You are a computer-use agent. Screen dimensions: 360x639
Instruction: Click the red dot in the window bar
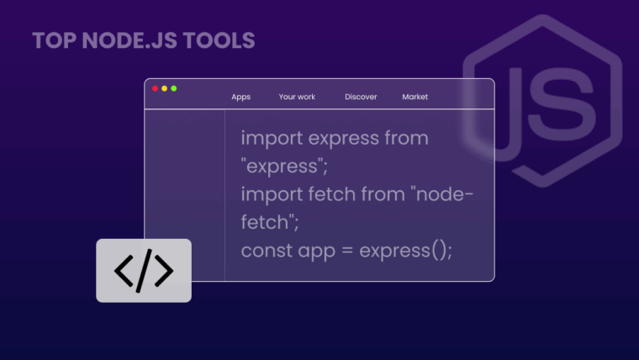point(155,88)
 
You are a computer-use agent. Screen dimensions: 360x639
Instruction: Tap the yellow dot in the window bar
point(165,88)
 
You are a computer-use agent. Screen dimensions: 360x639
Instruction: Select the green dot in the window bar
point(174,88)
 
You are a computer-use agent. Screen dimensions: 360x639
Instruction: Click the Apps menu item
point(241,97)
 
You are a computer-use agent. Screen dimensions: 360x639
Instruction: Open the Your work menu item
point(297,97)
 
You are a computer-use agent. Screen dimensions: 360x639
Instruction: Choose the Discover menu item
point(361,97)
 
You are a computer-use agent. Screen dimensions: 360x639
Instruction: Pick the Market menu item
point(415,97)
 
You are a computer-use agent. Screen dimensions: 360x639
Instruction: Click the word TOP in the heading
point(50,40)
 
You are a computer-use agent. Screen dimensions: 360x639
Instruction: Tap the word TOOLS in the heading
point(221,40)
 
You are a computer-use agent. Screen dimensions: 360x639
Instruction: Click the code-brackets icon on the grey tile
point(144,271)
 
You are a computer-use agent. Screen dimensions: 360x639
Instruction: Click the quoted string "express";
point(283,166)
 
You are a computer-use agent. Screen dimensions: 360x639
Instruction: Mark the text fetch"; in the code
point(270,222)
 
